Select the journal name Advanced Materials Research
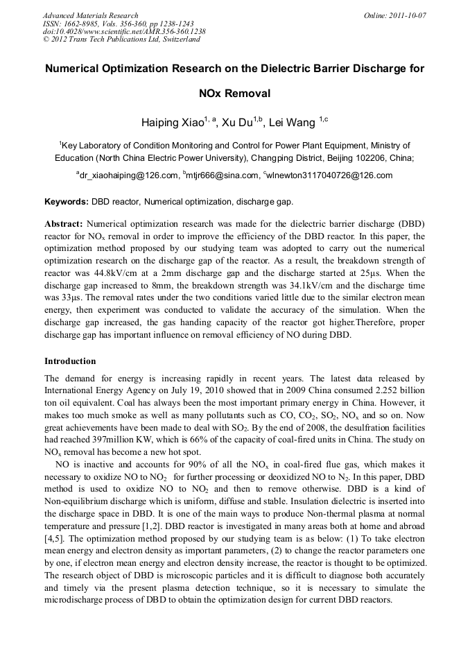(x=90, y=15)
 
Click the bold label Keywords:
(x=66, y=202)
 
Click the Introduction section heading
(x=70, y=361)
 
